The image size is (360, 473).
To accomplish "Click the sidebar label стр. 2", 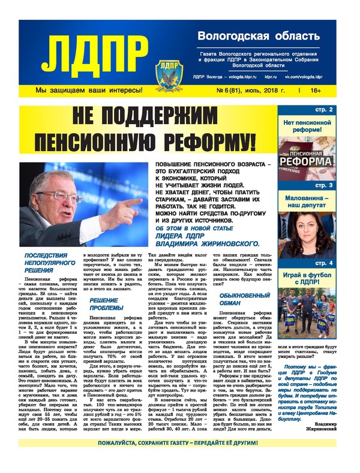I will [341, 110].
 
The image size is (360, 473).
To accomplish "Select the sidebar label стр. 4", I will [341, 262].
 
